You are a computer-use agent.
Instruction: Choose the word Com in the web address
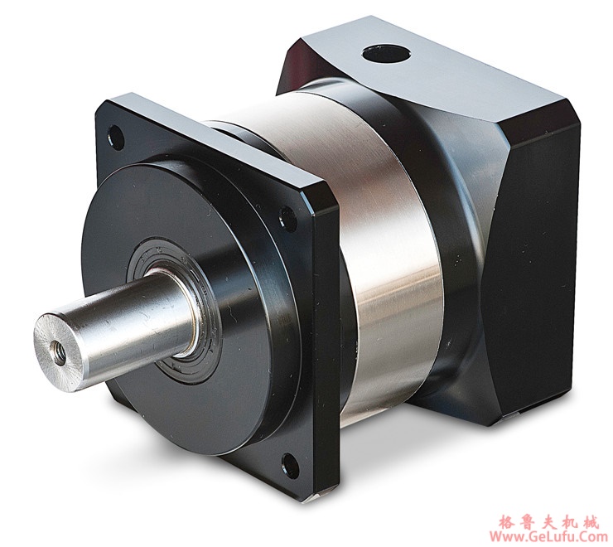click(591, 536)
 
